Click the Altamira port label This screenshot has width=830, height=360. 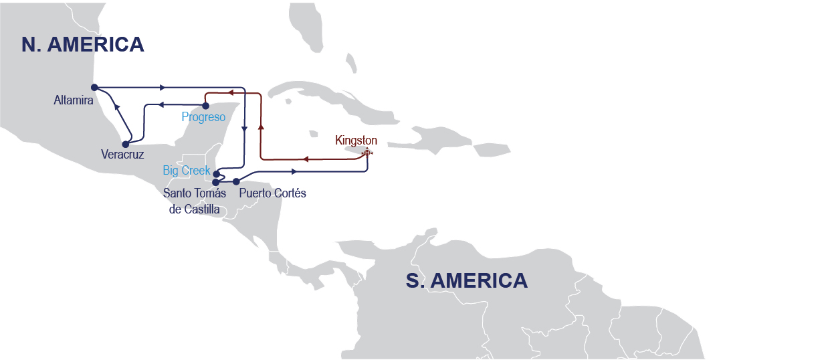pyautogui.click(x=74, y=100)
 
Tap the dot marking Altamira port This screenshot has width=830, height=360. pyautogui.click(x=94, y=87)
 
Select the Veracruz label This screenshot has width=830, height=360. pyautogui.click(x=122, y=153)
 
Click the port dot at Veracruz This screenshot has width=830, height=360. pyautogui.click(x=125, y=143)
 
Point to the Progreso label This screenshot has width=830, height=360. pyautogui.click(x=203, y=117)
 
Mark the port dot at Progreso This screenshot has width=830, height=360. pyautogui.click(x=205, y=106)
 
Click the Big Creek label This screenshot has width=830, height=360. pyautogui.click(x=187, y=171)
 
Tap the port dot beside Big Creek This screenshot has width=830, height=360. pyautogui.click(x=215, y=173)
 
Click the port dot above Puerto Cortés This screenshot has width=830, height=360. pyautogui.click(x=235, y=181)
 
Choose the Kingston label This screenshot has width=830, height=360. pyautogui.click(x=356, y=141)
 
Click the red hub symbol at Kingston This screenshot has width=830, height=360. pyautogui.click(x=366, y=153)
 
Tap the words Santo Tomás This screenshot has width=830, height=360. pyautogui.click(x=195, y=193)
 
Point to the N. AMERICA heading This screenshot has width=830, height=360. pyautogui.click(x=83, y=44)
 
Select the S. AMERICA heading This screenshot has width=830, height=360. pyautogui.click(x=466, y=280)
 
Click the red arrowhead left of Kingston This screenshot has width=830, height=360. pyautogui.click(x=304, y=159)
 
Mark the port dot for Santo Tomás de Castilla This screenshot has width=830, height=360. pyautogui.click(x=215, y=182)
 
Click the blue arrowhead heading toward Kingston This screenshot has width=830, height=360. pyautogui.click(x=294, y=172)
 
